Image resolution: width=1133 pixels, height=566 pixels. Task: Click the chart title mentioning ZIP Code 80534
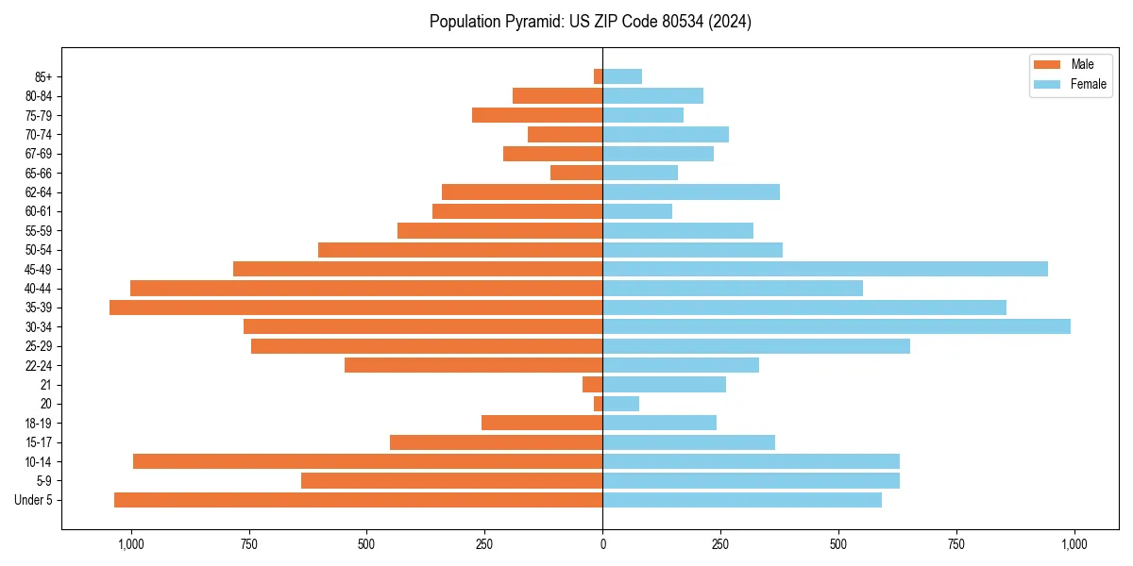point(590,22)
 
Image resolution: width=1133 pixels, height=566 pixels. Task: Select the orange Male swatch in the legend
point(1047,64)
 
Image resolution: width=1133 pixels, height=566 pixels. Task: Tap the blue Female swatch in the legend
point(1047,84)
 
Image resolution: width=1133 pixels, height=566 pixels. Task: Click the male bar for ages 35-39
point(356,308)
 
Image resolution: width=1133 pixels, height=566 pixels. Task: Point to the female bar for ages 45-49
point(825,269)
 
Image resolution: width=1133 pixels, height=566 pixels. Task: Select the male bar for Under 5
point(359,500)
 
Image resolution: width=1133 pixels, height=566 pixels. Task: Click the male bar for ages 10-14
point(368,461)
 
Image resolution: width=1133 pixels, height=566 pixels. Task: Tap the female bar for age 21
point(665,384)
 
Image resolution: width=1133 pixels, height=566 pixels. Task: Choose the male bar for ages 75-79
point(537,115)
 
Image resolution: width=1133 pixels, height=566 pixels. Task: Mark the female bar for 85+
point(622,76)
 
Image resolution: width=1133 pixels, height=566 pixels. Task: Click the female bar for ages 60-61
point(637,211)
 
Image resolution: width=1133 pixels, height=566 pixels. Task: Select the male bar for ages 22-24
point(474,365)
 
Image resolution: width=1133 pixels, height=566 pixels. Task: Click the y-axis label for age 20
point(45,404)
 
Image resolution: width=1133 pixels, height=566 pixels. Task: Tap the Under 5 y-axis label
point(34,500)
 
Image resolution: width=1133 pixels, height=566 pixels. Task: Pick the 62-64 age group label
point(38,192)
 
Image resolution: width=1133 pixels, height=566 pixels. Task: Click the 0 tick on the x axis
point(602,544)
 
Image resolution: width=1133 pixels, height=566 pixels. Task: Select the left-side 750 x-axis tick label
point(248,544)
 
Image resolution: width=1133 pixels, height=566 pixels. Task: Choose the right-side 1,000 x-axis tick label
point(1074,544)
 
